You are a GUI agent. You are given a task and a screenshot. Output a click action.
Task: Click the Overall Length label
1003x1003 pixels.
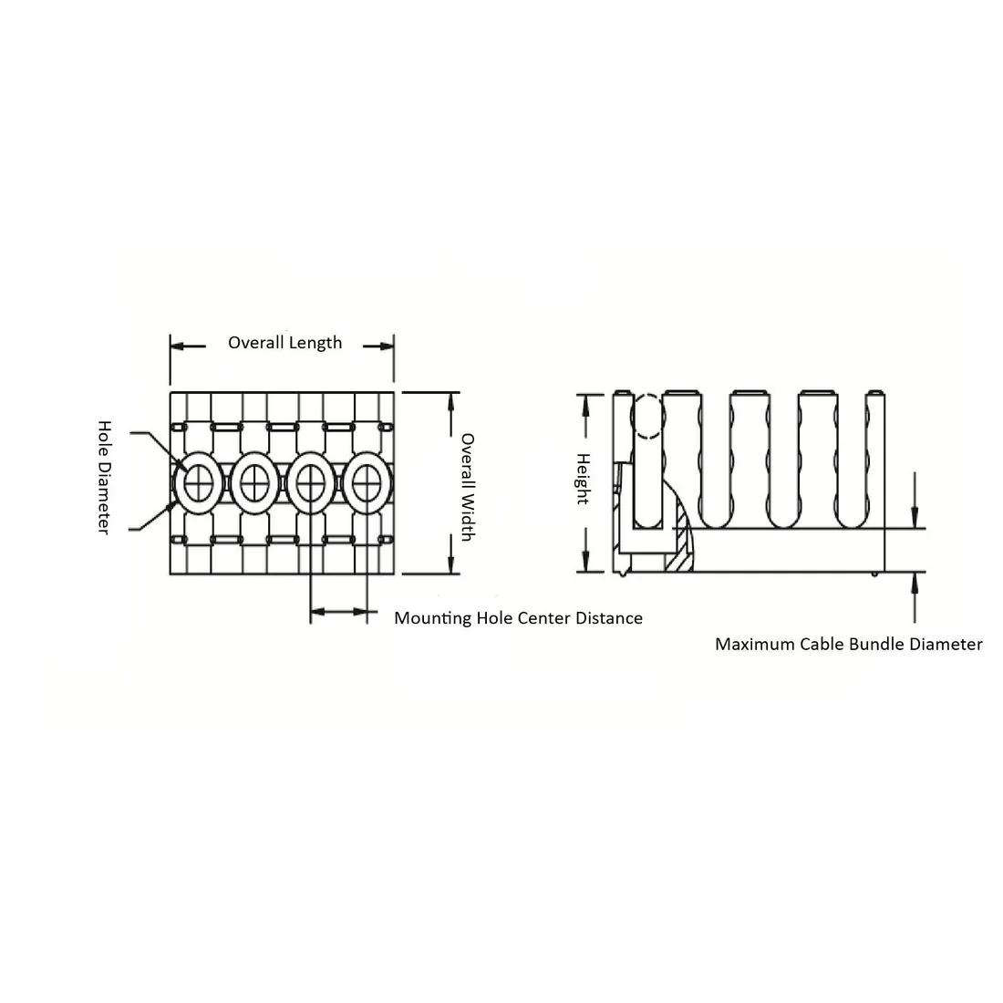coord(284,343)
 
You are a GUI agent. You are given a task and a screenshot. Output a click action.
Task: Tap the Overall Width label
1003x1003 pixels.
coord(468,488)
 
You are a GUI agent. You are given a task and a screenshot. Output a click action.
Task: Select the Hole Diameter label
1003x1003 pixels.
coord(104,477)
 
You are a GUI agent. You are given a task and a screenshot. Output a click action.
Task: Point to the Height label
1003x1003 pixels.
coord(583,479)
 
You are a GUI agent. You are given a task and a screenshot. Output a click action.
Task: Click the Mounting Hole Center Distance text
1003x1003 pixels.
coord(518,618)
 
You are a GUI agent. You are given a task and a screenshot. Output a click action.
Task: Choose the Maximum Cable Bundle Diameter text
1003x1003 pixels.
coord(848,644)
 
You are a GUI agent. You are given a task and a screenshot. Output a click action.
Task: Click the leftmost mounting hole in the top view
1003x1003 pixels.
coord(198,483)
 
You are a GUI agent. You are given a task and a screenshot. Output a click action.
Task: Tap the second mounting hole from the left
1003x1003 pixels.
coord(254,483)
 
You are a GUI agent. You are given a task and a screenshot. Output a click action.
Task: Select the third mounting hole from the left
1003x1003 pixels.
coord(310,483)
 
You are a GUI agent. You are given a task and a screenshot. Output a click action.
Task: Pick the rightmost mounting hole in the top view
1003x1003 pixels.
coord(367,483)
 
